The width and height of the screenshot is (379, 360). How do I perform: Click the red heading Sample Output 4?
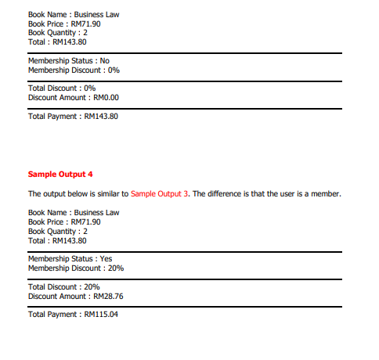coord(60,174)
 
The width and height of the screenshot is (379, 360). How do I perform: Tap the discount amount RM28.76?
coord(109,297)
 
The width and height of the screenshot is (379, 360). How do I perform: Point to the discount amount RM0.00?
coord(106,98)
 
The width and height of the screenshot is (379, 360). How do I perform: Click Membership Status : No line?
coord(69,60)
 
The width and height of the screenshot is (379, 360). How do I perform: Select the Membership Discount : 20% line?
coord(76,268)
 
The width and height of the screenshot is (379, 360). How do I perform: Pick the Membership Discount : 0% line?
coord(74,70)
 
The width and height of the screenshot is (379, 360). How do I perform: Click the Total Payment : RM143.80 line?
coord(73,116)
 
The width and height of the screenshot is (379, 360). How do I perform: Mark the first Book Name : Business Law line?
coord(74,15)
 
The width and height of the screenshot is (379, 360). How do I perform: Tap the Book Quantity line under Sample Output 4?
coord(58,231)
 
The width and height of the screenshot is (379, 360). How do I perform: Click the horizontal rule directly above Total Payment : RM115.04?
coord(185,306)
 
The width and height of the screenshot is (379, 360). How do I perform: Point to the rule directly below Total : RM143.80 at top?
coord(185,52)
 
